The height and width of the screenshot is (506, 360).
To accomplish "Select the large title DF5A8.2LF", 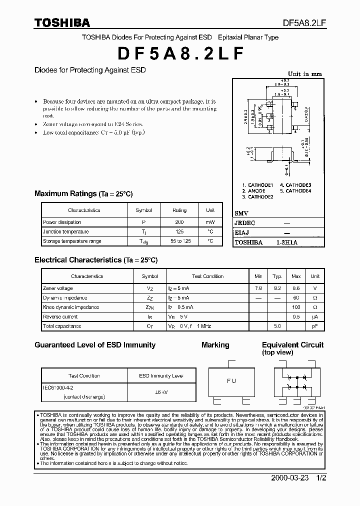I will (181, 53).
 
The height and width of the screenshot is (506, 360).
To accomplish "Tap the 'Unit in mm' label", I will (305, 73).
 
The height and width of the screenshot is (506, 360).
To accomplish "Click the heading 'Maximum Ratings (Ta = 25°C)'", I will (83, 193).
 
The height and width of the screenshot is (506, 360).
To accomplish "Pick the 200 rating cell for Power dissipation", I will (179, 222).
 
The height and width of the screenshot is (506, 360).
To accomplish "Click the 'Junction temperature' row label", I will (66, 231).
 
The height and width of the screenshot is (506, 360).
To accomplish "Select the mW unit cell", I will (210, 222).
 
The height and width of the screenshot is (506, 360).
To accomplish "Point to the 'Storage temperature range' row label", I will (72, 241).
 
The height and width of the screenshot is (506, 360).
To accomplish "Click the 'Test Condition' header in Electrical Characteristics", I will (207, 276).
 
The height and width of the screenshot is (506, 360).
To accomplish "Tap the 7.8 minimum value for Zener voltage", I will (258, 288).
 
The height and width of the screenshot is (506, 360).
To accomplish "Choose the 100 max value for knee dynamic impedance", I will (296, 307).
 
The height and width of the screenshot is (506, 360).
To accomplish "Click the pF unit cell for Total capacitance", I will (315, 326).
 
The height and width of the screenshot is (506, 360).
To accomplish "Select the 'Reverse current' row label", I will (60, 317).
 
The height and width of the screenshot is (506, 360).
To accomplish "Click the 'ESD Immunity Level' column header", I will (160, 375).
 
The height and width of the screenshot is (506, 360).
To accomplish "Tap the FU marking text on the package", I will (231, 381).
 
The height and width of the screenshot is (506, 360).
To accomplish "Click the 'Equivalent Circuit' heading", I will (292, 345).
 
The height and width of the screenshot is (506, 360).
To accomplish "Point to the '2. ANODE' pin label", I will (253, 191).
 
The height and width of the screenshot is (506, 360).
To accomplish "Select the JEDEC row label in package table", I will (245, 223).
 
